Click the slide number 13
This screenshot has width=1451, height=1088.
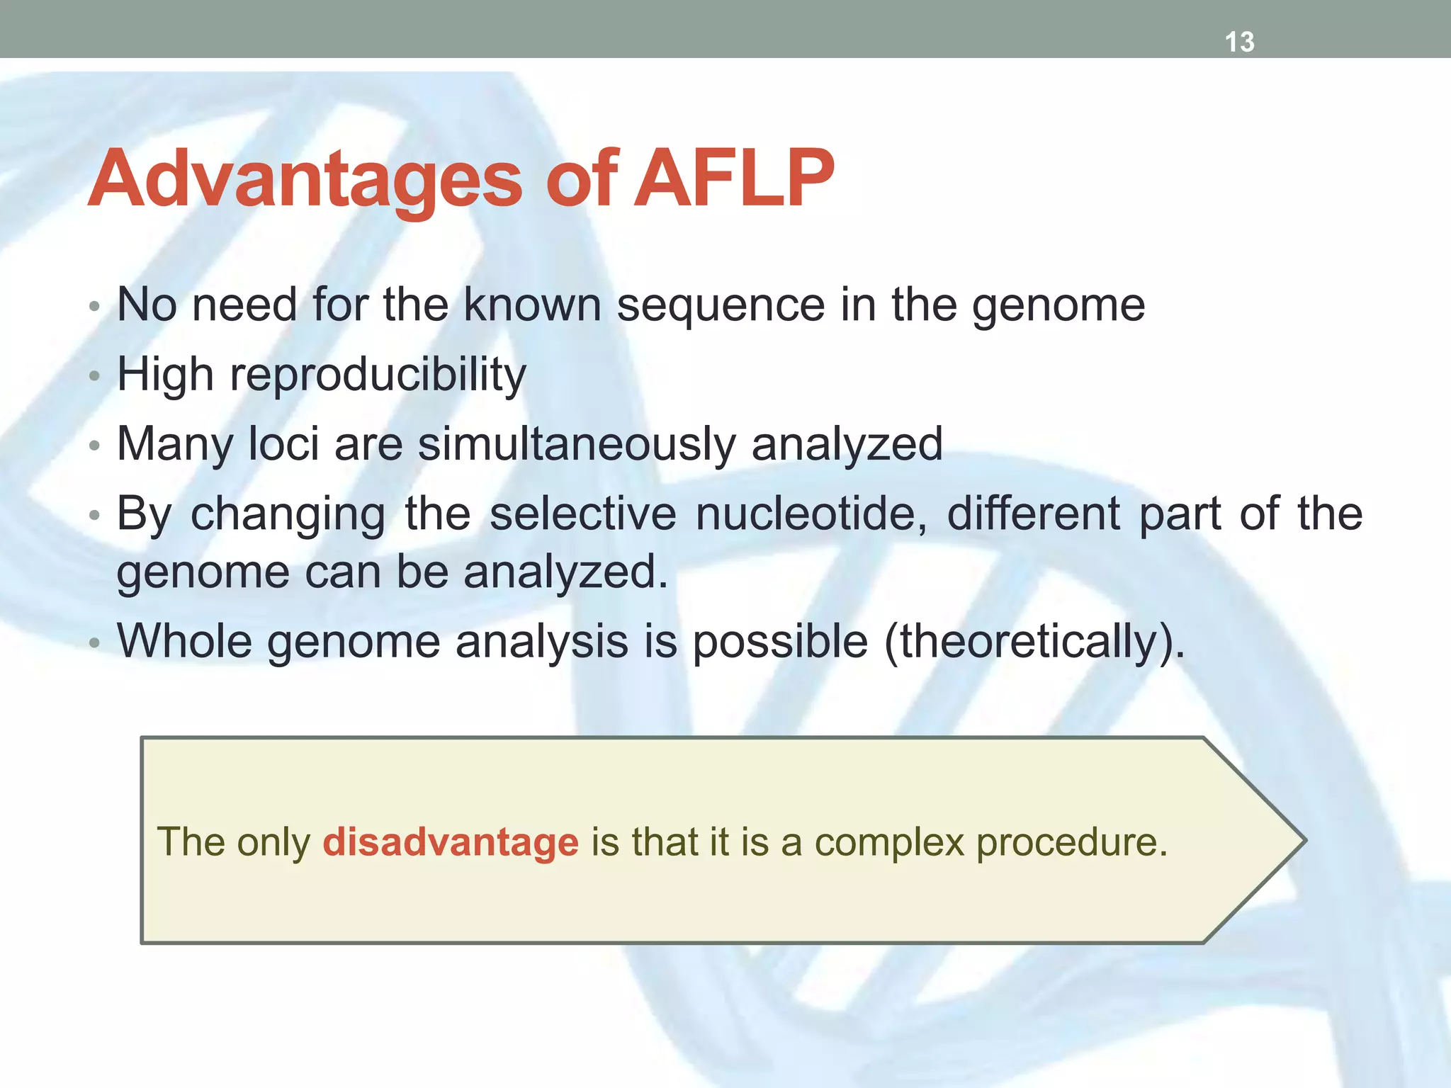point(1239,42)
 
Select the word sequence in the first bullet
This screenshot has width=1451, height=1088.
point(721,306)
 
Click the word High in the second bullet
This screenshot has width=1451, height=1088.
point(165,374)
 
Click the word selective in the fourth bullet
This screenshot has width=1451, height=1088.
point(582,514)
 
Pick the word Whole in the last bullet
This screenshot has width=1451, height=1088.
point(184,641)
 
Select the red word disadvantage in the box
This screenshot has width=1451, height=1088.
point(451,842)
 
